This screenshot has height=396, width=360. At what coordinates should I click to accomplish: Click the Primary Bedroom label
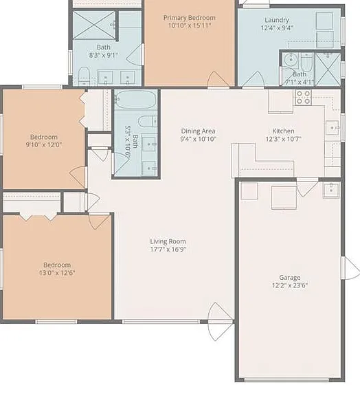coord(190,18)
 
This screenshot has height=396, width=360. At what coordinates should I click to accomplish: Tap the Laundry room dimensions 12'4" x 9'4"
coord(277,27)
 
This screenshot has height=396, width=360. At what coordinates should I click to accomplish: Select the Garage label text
coord(289,278)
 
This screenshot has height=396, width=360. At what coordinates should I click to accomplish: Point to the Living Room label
coord(168,241)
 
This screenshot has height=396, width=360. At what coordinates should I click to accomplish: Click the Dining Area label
coord(198,131)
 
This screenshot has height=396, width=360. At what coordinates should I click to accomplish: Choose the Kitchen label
coord(283,131)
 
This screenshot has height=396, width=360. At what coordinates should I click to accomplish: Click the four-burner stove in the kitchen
coord(303,98)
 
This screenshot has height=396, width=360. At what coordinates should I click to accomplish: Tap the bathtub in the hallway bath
coord(136,100)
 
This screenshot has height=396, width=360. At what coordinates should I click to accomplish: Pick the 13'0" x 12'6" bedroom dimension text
coord(57,273)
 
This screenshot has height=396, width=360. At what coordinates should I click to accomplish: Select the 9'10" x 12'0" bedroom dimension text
coord(44,145)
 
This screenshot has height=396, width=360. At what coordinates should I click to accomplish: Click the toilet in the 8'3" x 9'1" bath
coord(84,76)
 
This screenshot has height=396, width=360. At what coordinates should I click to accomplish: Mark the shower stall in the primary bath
coord(94,25)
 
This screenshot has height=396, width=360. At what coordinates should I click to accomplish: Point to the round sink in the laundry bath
coord(291,60)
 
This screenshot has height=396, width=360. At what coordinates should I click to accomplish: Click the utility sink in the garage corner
coord(331,190)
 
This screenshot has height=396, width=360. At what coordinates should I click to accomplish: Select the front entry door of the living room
coord(220,322)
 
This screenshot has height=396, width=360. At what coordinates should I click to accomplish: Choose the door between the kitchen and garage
coord(307,188)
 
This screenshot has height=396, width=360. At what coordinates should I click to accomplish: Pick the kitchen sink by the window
coord(333,128)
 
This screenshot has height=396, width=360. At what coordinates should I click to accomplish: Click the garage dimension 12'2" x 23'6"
coord(289,285)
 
